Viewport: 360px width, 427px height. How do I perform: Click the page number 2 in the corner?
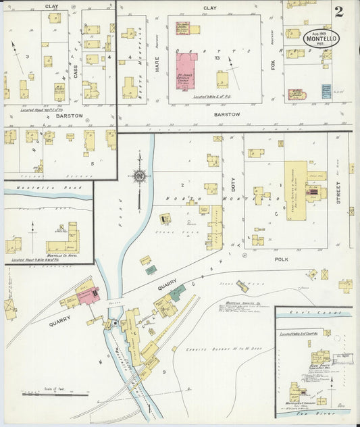pyautogui.click(x=338, y=11)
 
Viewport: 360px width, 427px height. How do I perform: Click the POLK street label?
pyautogui.click(x=282, y=259)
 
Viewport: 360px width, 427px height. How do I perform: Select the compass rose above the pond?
pyautogui.click(x=139, y=176)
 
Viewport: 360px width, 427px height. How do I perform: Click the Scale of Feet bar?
pyautogui.click(x=54, y=393)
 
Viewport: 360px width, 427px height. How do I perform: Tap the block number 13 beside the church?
pyautogui.click(x=217, y=58)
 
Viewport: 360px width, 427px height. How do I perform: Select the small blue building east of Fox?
pyautogui.click(x=326, y=91)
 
